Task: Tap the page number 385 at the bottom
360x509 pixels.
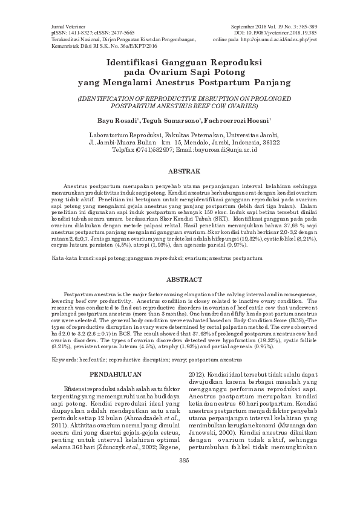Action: (x=180, y=494)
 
